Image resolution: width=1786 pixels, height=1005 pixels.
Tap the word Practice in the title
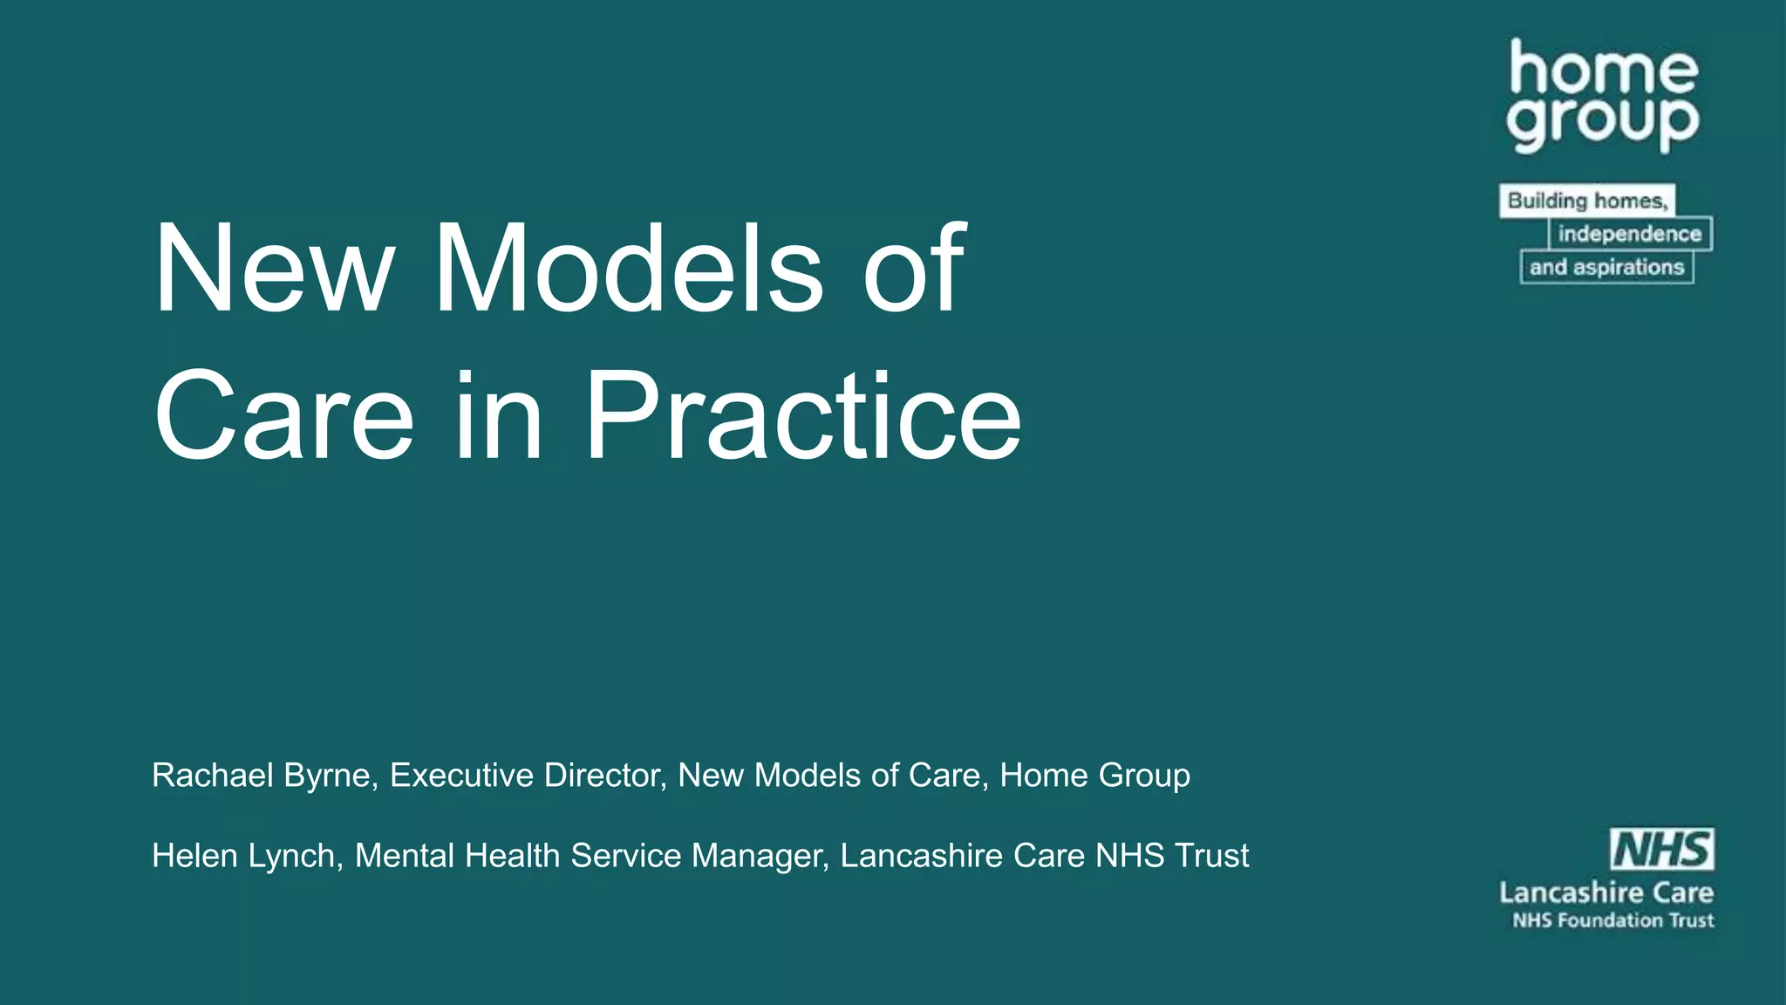(802, 416)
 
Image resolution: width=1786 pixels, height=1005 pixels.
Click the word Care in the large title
(283, 416)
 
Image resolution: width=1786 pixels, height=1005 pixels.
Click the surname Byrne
(331, 776)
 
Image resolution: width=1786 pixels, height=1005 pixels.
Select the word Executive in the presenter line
(461, 776)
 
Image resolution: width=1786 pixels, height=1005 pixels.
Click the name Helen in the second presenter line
(194, 856)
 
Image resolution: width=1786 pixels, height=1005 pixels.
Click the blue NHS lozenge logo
(1662, 850)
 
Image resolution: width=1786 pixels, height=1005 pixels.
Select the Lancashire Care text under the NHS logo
(1606, 892)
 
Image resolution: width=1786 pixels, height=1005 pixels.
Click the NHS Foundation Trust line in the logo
(1613, 920)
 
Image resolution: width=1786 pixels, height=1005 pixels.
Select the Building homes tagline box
(1587, 201)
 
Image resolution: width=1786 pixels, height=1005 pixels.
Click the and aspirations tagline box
(1606, 267)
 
